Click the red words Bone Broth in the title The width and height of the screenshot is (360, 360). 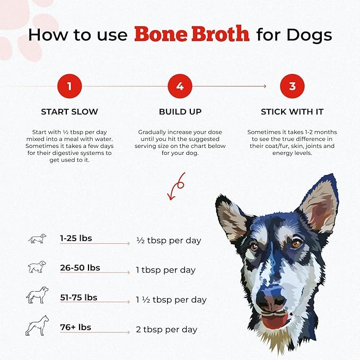point(192,34)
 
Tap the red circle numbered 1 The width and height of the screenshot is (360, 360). point(69,86)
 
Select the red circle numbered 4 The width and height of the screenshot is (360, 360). point(180,86)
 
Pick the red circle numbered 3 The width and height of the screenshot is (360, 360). point(292,86)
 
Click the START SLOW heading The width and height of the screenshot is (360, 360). point(69,112)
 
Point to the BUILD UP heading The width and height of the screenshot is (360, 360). point(180,112)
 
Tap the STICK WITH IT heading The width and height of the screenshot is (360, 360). point(292,112)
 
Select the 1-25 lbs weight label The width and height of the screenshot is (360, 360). point(76,238)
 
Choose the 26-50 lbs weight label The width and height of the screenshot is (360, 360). point(80,268)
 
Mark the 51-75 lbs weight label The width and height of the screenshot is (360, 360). point(78,297)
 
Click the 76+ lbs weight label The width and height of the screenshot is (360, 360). point(75,327)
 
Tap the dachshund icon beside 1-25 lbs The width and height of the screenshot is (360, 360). point(37,239)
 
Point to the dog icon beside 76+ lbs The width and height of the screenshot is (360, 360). point(37,326)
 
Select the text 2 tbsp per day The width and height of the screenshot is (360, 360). point(166,330)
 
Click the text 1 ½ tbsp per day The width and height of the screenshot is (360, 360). point(171,300)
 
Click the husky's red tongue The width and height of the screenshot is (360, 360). point(274,321)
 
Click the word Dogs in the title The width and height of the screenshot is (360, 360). point(309,36)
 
